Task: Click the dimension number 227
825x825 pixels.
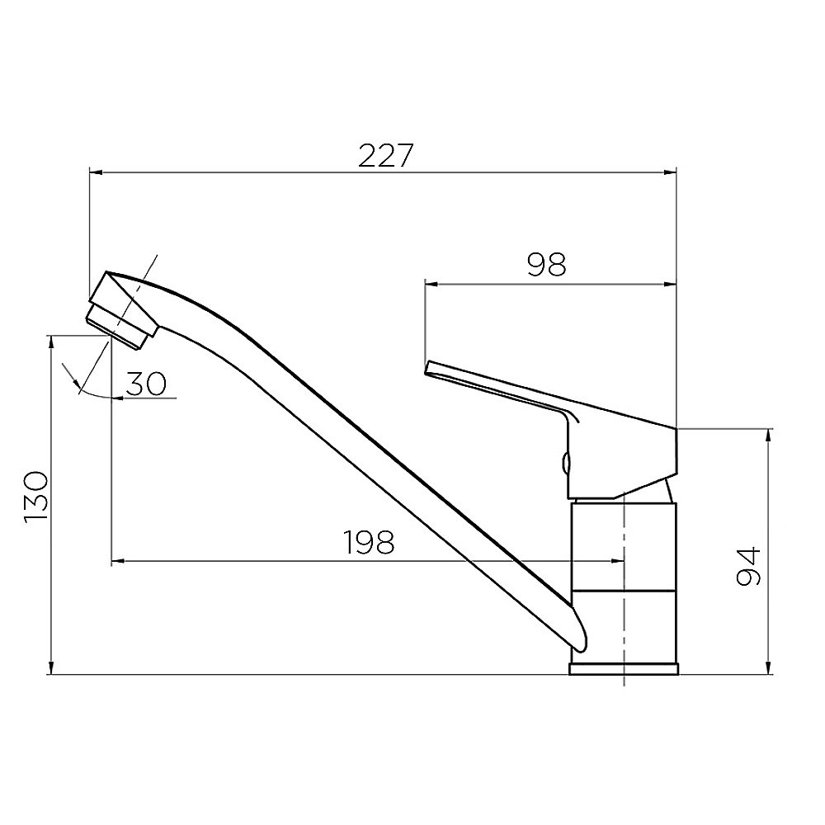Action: click(x=386, y=156)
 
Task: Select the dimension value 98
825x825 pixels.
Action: click(x=546, y=265)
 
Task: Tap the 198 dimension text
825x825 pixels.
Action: click(x=368, y=542)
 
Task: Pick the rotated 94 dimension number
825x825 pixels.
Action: click(x=748, y=567)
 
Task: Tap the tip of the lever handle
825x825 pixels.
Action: click(x=428, y=367)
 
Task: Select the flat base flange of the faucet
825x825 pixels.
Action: click(x=624, y=669)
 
